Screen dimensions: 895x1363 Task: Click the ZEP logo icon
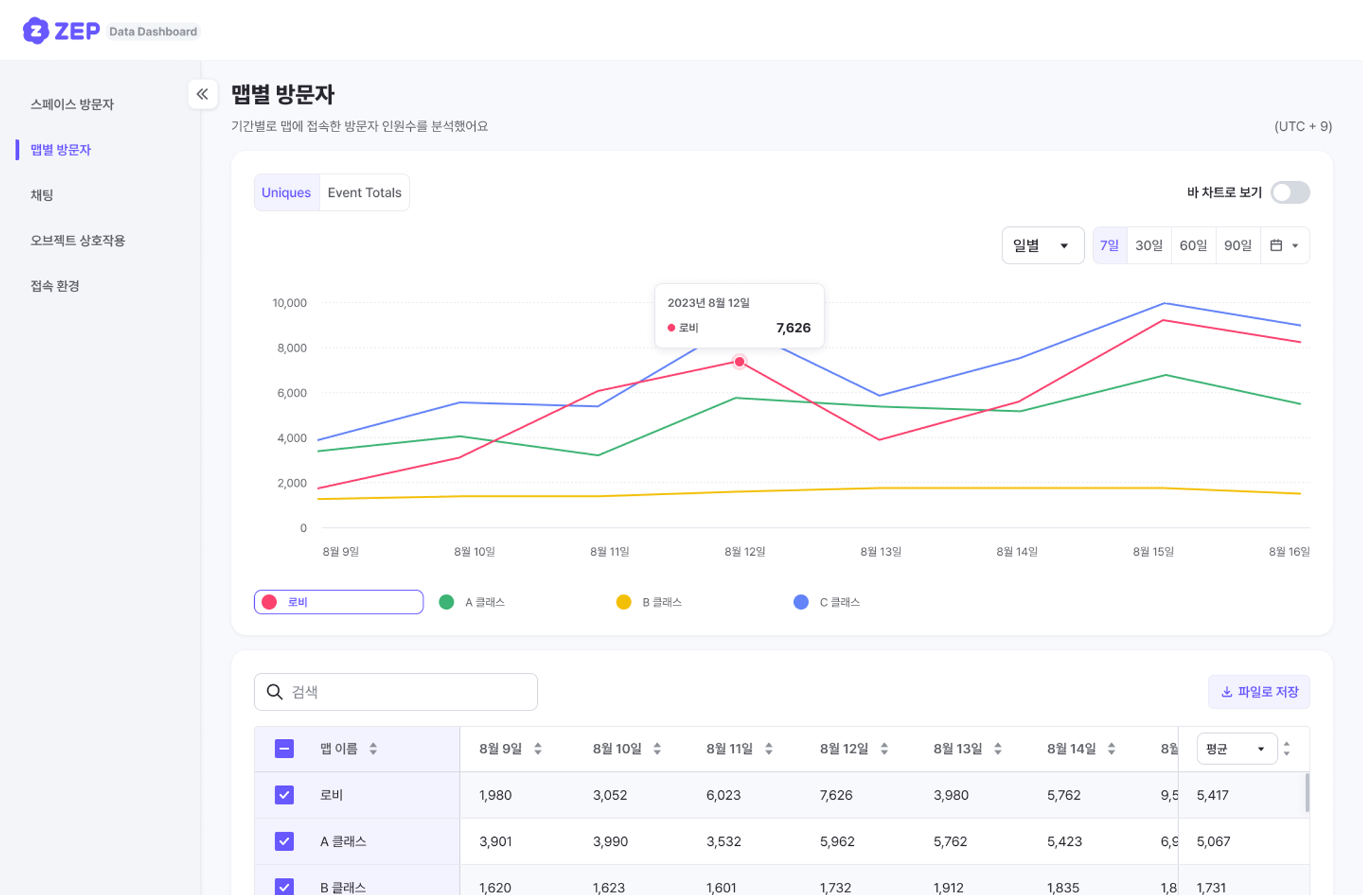35,31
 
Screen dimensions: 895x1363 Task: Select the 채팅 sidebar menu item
42,195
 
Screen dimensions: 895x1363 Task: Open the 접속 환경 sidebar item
55,286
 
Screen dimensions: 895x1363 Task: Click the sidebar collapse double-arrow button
202,94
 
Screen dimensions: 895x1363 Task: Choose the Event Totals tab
364,193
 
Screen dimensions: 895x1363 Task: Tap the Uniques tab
286,193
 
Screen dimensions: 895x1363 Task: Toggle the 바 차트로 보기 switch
1290,193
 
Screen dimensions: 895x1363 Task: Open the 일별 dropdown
1042,245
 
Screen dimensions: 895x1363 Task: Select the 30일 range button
1148,245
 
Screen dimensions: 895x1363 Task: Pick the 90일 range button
1238,245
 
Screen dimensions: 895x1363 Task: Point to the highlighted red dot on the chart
739,362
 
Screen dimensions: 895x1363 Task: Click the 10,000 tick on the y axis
290,303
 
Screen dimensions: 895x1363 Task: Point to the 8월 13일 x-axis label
880,552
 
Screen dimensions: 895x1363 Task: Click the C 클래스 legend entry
828,602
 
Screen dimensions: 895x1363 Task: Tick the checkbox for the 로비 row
284,795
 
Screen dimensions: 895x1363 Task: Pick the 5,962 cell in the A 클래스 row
837,841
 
